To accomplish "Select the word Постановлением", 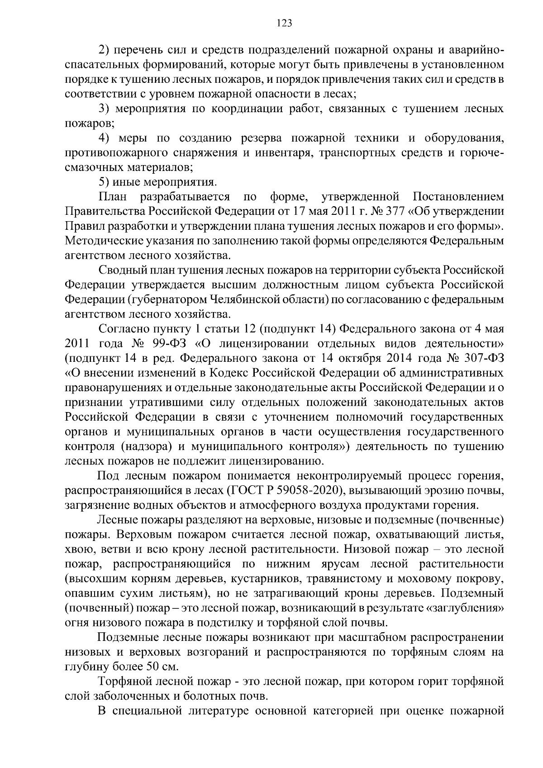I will tap(458, 197).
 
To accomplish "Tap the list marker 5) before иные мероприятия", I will tap(104, 182).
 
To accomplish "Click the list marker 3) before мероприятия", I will tap(105, 109).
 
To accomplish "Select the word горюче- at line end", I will tap(481, 153).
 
